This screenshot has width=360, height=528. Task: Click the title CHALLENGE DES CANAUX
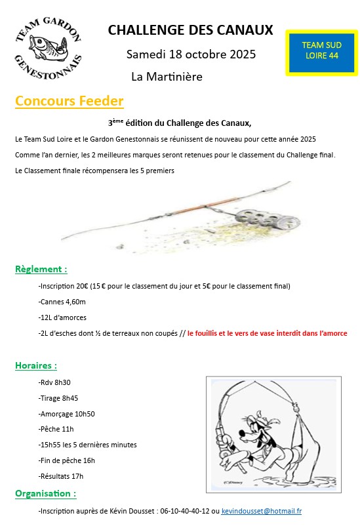pyautogui.click(x=190, y=30)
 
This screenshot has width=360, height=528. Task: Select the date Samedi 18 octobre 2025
pyautogui.click(x=191, y=54)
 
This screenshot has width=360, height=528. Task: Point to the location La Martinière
pyautogui.click(x=167, y=77)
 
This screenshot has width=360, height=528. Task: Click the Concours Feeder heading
pyautogui.click(x=69, y=101)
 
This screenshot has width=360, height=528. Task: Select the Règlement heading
pyautogui.click(x=41, y=269)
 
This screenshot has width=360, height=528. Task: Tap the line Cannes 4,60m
pyautogui.click(x=62, y=302)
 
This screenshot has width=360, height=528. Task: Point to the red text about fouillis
pyautogui.click(x=267, y=333)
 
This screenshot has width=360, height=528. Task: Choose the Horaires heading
pyautogui.click(x=35, y=365)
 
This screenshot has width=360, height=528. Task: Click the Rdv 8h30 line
pyautogui.click(x=55, y=382)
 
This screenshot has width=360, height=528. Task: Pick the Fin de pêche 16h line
pyautogui.click(x=67, y=460)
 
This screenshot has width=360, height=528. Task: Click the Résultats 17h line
pyautogui.click(x=61, y=476)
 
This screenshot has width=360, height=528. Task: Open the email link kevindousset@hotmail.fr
pyautogui.click(x=262, y=510)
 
